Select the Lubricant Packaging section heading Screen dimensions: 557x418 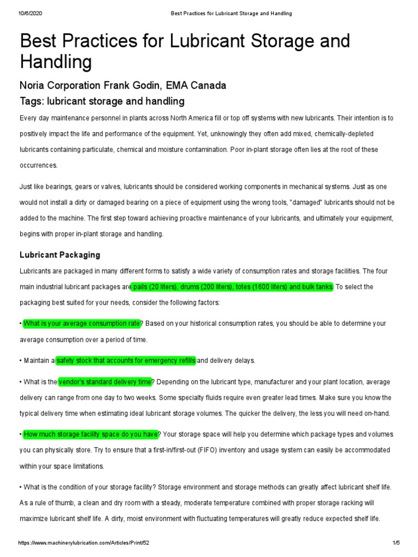(x=60, y=255)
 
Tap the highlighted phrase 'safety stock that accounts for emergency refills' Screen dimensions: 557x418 (x=126, y=360)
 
